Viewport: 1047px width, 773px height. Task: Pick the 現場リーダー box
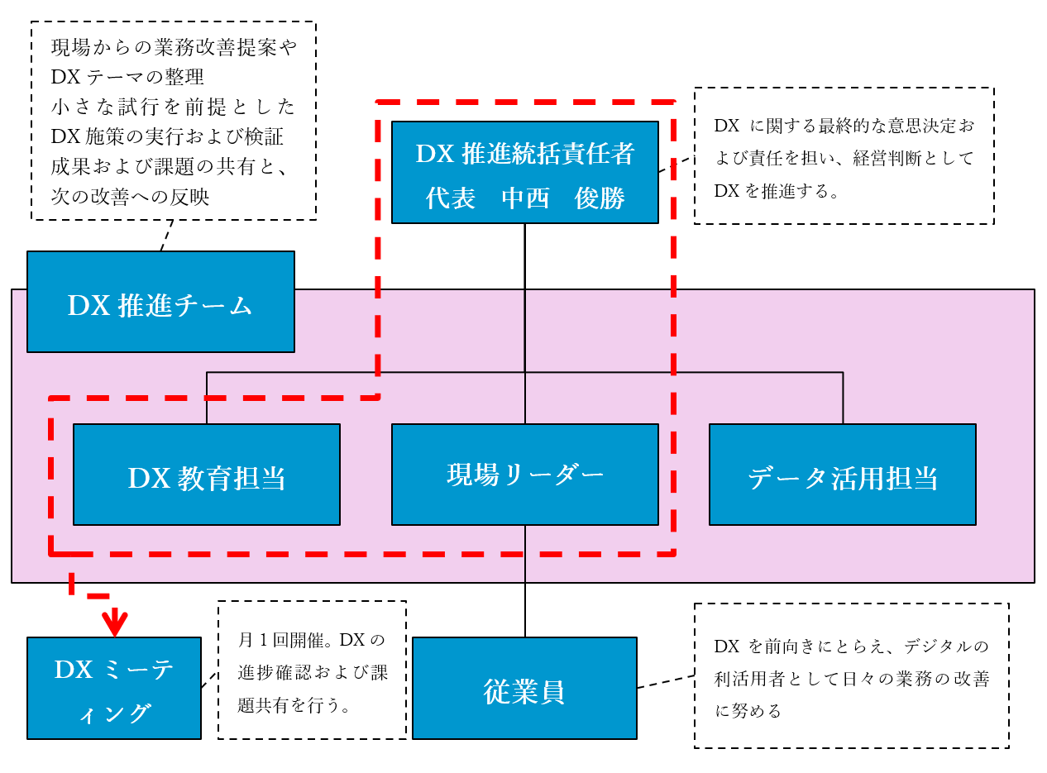coord(524,475)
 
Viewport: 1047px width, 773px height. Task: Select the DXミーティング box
coord(113,688)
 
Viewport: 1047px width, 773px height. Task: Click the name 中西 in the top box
coord(526,198)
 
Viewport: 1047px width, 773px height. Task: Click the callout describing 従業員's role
coord(851,675)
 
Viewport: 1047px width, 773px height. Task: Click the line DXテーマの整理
coord(127,77)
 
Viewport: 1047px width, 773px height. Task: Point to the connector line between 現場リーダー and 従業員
coord(525,608)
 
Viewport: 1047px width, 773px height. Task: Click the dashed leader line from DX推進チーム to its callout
coord(165,236)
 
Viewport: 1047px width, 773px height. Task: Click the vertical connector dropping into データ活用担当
coord(843,398)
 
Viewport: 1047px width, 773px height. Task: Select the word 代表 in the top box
coord(451,198)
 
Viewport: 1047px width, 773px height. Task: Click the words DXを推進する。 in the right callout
coord(777,191)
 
